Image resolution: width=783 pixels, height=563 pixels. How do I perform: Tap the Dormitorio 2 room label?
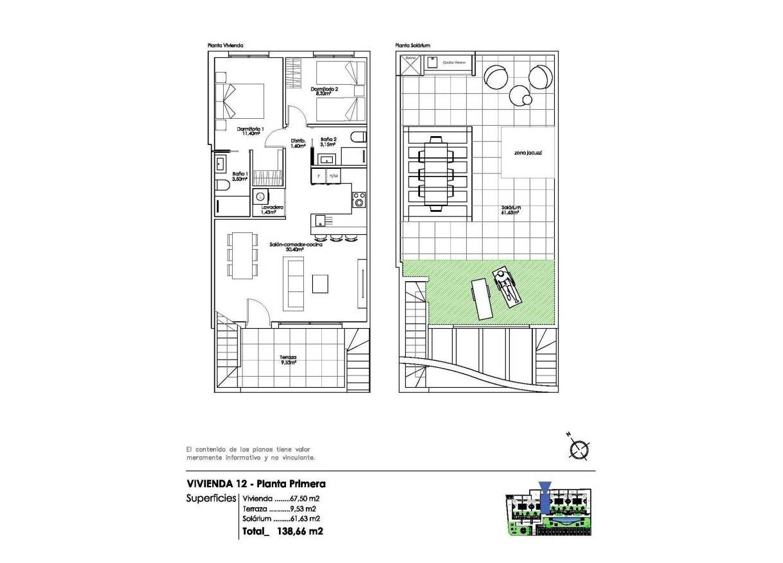click(x=324, y=91)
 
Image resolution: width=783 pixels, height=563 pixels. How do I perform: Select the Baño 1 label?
click(x=240, y=176)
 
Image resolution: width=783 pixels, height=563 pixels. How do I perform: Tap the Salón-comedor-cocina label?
click(x=296, y=247)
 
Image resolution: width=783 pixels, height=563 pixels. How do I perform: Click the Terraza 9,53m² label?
click(x=288, y=360)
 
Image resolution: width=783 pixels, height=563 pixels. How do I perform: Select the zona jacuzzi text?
click(x=528, y=153)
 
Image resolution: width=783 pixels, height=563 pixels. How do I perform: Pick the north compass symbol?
click(x=579, y=449)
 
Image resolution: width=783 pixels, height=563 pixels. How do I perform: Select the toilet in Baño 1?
click(x=222, y=186)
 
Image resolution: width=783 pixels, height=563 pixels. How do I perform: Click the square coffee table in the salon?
click(x=321, y=282)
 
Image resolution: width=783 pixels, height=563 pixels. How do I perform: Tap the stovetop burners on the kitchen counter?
click(x=359, y=200)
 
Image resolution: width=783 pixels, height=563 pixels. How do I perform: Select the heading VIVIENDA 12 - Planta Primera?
click(x=256, y=483)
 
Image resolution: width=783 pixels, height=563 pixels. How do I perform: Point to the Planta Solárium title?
click(x=412, y=46)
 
